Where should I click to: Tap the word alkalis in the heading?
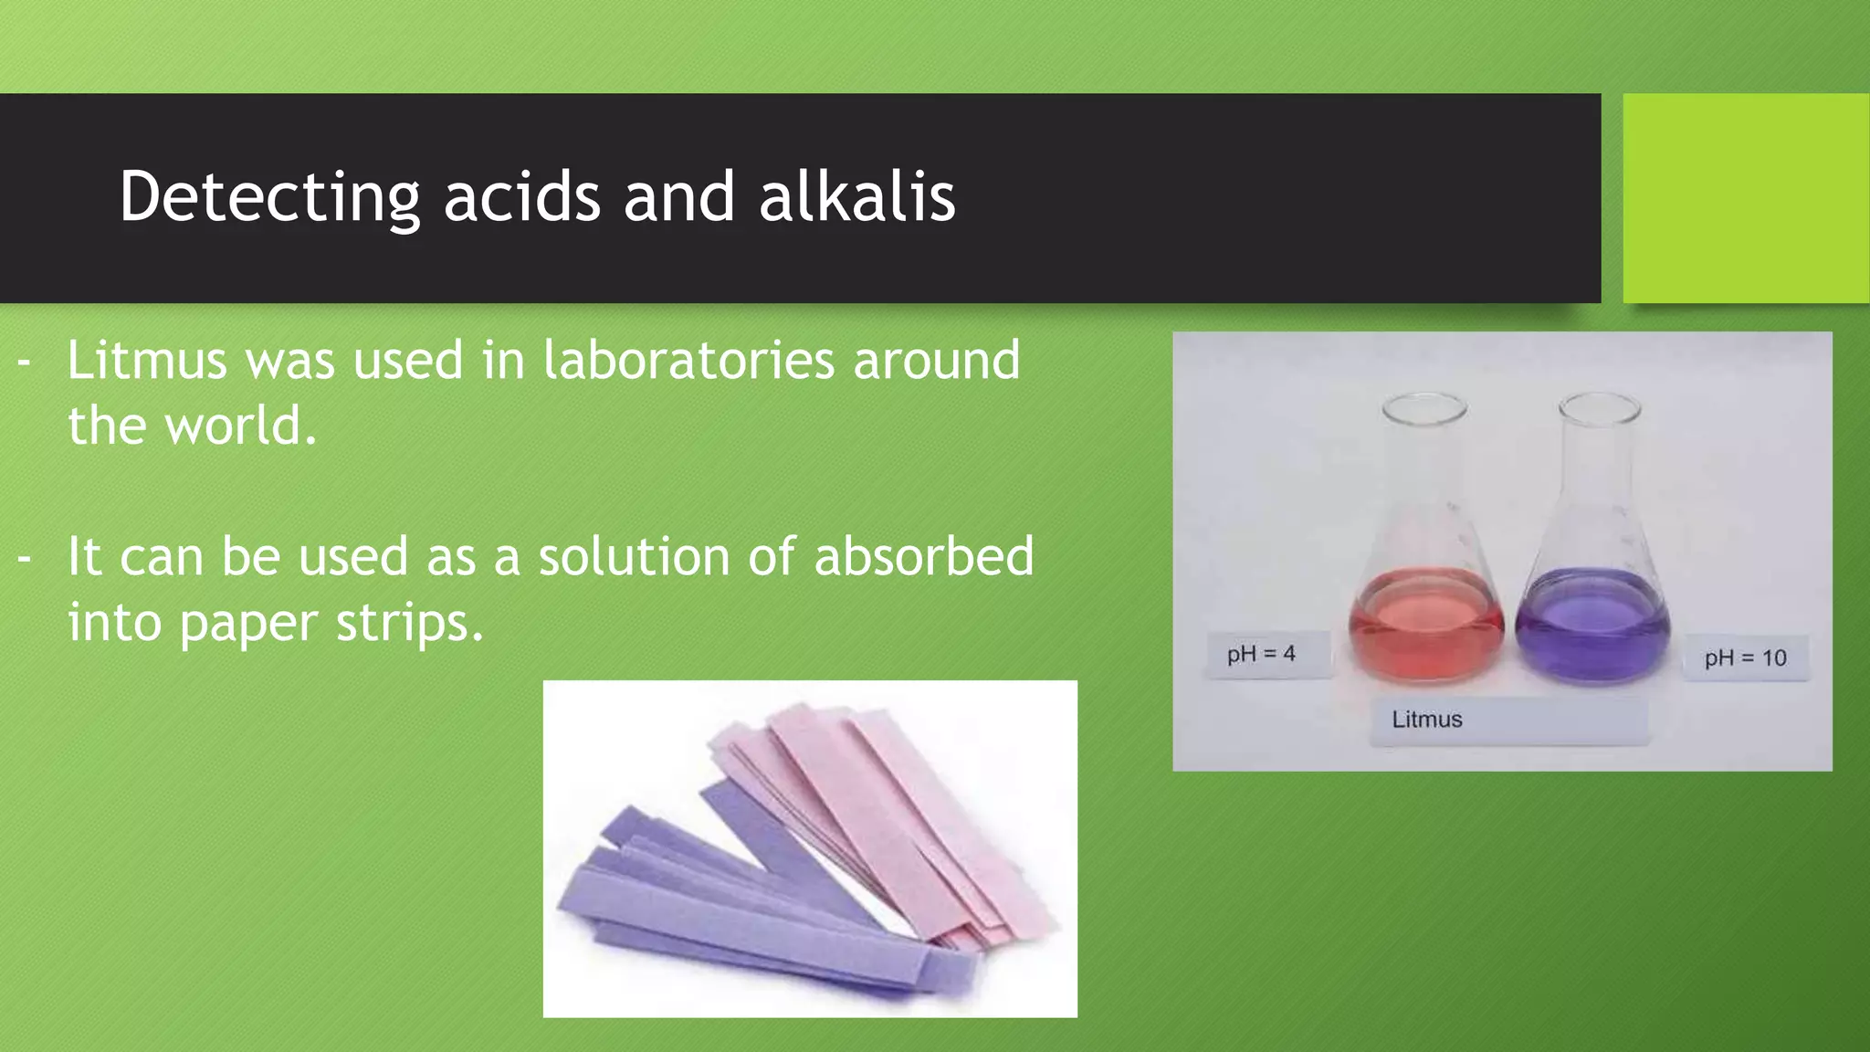pos(856,196)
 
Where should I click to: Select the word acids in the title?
pos(521,196)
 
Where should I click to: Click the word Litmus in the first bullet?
pos(146,360)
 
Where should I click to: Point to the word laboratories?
pos(688,360)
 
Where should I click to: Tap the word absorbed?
pos(923,556)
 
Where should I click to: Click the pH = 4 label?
pos(1261,654)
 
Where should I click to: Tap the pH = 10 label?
pos(1745,657)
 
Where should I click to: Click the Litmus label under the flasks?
pos(1427,720)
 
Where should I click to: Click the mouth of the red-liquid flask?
pos(1424,407)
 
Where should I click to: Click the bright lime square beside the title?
pos(1746,198)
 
